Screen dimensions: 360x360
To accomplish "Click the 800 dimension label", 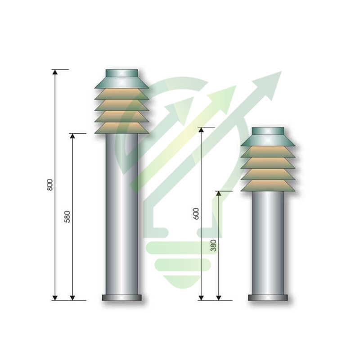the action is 49,185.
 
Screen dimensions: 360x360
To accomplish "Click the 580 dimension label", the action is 67,217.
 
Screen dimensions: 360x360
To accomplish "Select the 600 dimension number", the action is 196,213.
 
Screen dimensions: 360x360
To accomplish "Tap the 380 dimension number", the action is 213,245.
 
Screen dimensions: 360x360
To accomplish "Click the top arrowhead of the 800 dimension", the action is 55,72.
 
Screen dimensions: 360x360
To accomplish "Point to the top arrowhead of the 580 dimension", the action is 72,136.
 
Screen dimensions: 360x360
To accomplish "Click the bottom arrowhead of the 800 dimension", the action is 55,298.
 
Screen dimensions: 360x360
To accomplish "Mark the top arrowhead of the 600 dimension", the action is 201,130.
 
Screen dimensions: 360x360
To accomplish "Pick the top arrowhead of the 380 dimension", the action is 219,194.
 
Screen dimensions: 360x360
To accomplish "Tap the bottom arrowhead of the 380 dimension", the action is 219,298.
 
